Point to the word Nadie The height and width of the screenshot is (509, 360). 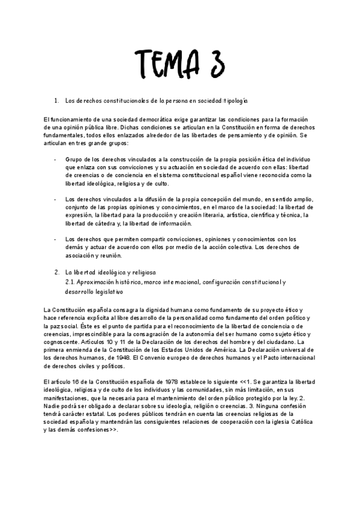53,405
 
